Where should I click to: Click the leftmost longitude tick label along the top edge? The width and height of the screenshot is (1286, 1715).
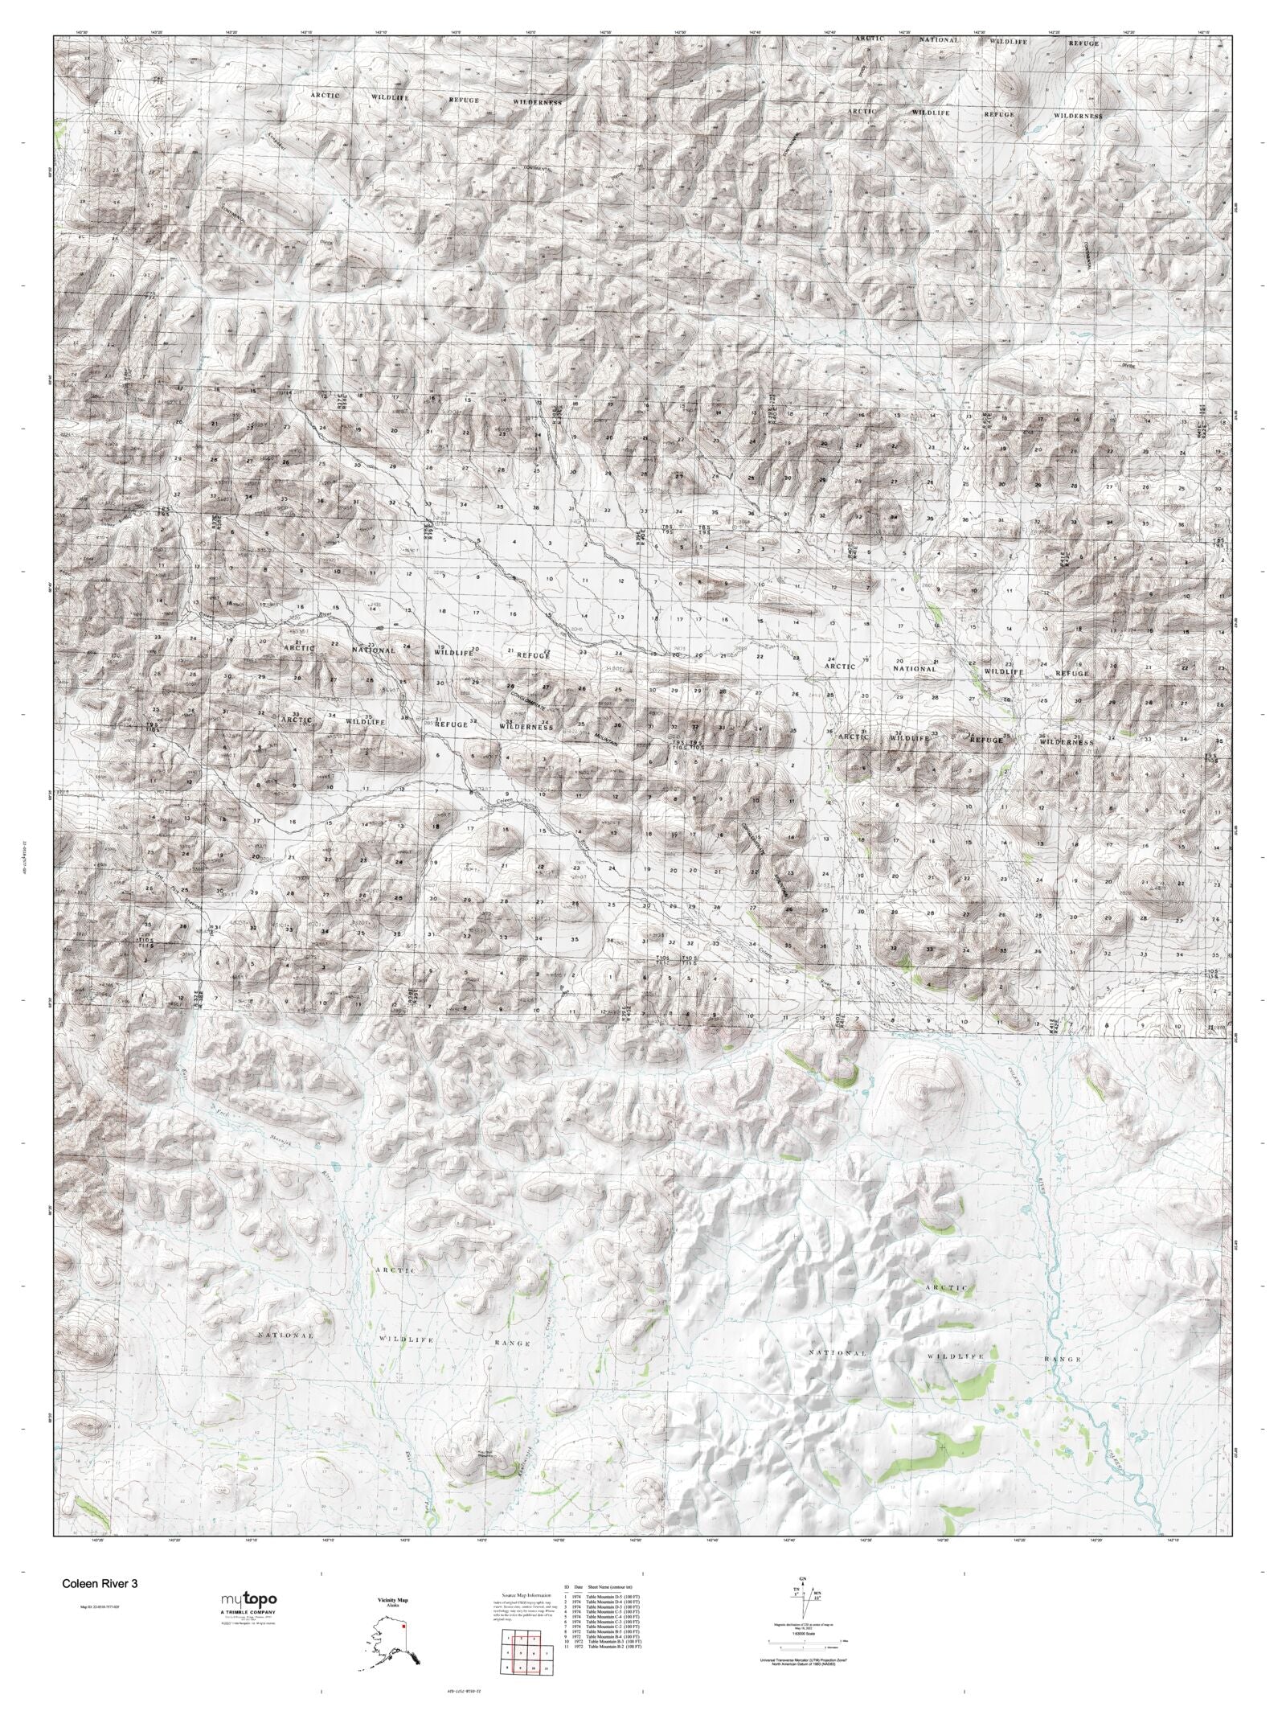pos(80,31)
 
